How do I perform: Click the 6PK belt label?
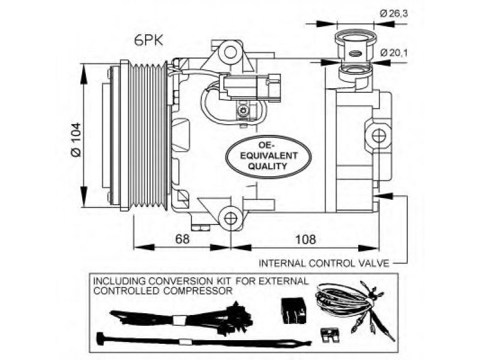[149, 40]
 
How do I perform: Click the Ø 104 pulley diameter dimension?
[76, 139]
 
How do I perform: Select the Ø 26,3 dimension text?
[394, 13]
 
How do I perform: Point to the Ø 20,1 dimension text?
[394, 53]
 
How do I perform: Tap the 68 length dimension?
[182, 239]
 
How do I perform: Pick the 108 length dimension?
[305, 239]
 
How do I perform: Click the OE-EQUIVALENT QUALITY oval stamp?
[268, 156]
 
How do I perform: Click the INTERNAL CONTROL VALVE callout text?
[324, 263]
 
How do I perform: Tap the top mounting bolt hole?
[230, 52]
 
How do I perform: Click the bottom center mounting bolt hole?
[230, 218]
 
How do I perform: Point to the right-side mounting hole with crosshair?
[379, 136]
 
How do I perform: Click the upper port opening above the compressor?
[355, 39]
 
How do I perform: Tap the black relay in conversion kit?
[293, 310]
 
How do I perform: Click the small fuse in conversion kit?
[329, 335]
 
